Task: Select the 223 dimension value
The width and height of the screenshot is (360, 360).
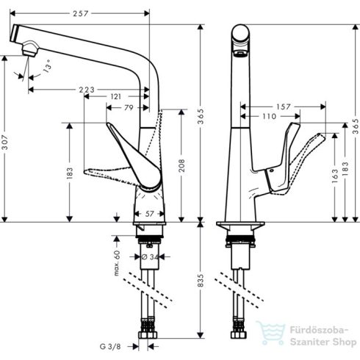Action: tap(86, 90)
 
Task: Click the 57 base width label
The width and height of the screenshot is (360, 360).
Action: tap(149, 214)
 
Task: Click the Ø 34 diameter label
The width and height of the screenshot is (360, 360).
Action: tap(148, 256)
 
